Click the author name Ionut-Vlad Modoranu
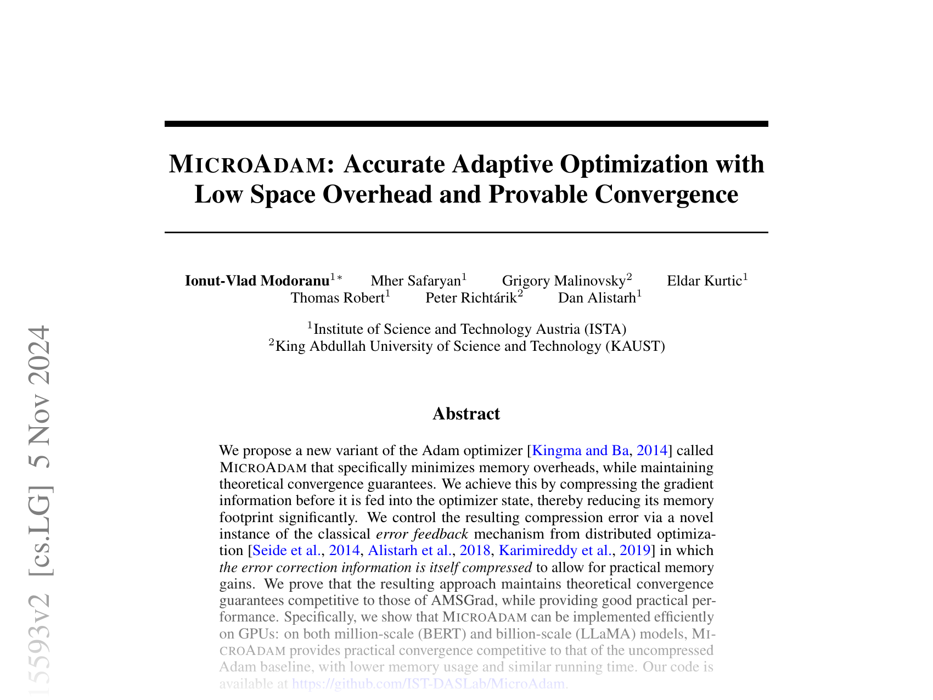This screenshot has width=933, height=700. [x=257, y=281]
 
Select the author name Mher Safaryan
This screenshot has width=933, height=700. [x=415, y=281]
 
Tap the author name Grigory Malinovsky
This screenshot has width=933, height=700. [x=564, y=281]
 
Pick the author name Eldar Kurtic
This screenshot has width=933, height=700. [x=704, y=281]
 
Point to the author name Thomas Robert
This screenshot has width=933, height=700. [x=338, y=298]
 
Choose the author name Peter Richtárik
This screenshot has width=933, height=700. [x=471, y=298]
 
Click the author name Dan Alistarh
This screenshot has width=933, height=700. [x=597, y=298]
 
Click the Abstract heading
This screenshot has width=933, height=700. [x=466, y=413]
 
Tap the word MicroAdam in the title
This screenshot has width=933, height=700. [x=246, y=164]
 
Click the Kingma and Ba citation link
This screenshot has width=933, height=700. [x=580, y=451]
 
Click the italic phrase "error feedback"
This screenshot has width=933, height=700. [x=422, y=534]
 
